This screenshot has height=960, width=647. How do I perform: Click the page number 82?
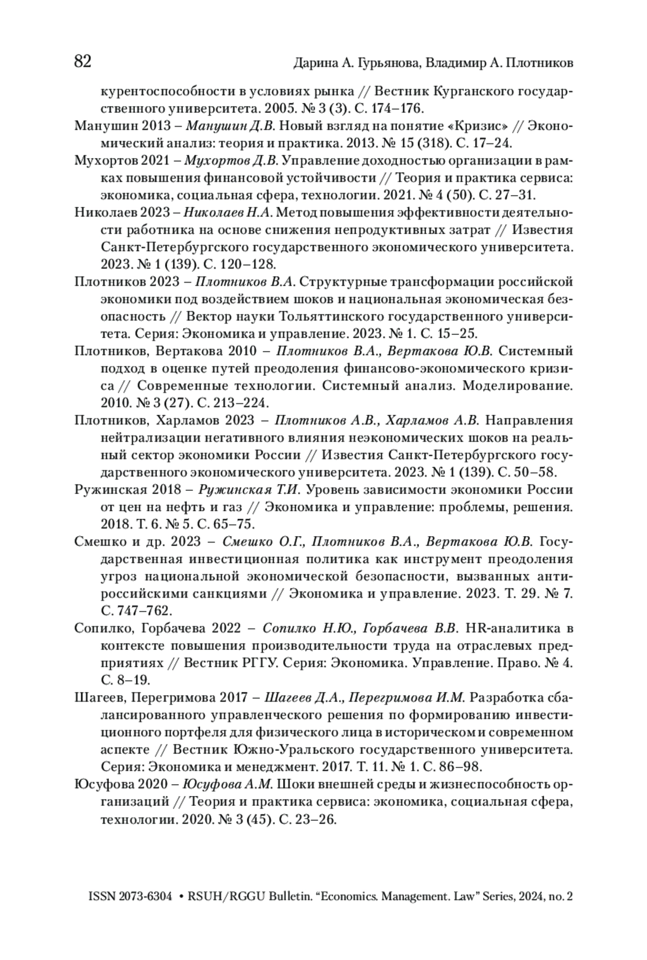tap(82, 62)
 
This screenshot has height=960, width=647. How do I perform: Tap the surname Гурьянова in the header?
tap(384, 64)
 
